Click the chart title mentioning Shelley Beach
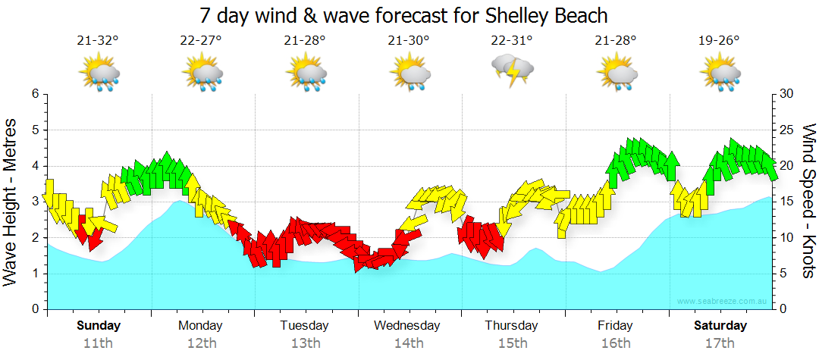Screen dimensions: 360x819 [404, 15]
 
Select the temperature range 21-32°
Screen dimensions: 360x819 [98, 41]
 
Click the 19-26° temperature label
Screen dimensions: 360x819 [718, 41]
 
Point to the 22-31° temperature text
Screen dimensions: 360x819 [512, 41]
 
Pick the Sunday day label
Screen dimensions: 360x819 [98, 326]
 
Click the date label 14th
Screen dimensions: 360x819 [408, 343]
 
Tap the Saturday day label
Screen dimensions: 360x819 [720, 326]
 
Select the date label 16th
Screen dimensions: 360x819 [615, 343]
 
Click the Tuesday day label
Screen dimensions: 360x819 [304, 326]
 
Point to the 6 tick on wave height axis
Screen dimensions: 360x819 [35, 94]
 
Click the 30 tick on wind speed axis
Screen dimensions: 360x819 [786, 94]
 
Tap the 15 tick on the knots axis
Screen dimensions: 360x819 [786, 202]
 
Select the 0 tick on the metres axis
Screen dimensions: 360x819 [35, 309]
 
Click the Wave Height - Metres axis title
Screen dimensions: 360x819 [11, 202]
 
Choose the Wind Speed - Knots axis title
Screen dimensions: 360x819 [808, 202]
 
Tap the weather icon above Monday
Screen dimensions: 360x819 [201, 73]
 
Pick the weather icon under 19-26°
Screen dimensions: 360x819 [719, 73]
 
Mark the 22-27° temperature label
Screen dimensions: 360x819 [201, 41]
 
